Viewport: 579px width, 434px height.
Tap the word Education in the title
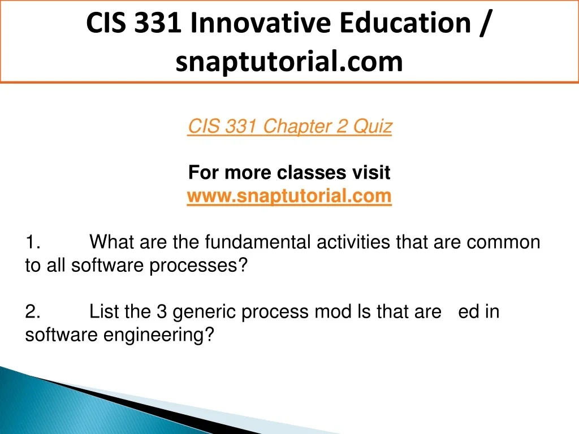pyautogui.click(x=405, y=23)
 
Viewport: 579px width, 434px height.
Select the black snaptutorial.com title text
pyautogui.click(x=289, y=62)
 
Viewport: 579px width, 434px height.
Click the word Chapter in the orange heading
pyautogui.click(x=296, y=126)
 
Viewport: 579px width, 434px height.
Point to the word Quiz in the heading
pyautogui.click(x=372, y=126)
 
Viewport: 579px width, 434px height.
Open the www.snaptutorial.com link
pyautogui.click(x=289, y=196)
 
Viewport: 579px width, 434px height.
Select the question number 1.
pyautogui.click(x=32, y=242)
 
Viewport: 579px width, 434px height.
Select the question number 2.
pyautogui.click(x=32, y=312)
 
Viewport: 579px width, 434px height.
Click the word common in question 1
pyautogui.click(x=503, y=243)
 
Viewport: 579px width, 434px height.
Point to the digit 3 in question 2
pyautogui.click(x=162, y=311)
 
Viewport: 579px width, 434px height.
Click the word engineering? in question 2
pyautogui.click(x=159, y=335)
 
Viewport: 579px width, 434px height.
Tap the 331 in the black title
pyautogui.click(x=158, y=23)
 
